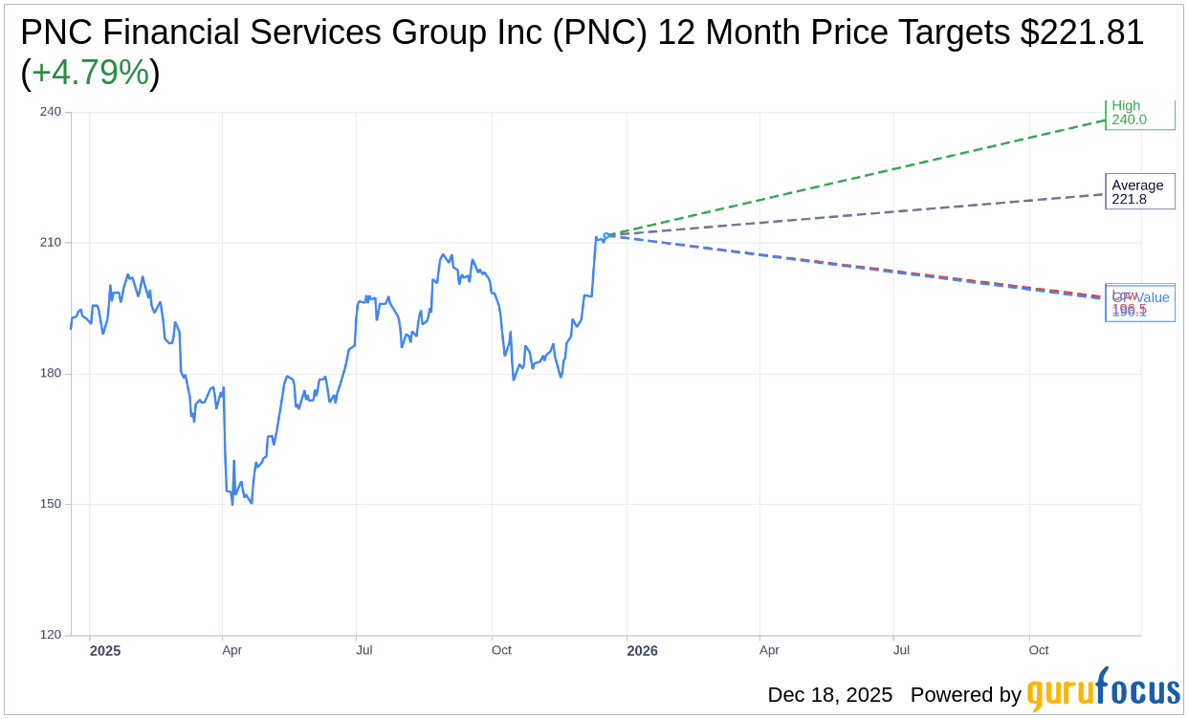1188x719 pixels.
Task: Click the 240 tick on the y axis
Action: click(x=50, y=112)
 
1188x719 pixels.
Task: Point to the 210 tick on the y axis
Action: click(x=50, y=243)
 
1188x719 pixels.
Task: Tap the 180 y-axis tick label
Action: click(x=50, y=373)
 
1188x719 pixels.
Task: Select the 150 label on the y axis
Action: click(x=50, y=504)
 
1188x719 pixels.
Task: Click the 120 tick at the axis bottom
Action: click(x=50, y=635)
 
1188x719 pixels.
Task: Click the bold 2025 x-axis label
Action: click(x=105, y=651)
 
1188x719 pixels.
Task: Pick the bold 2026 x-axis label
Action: click(x=642, y=651)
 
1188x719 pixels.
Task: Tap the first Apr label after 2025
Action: click(x=231, y=650)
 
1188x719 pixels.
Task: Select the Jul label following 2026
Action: click(x=901, y=650)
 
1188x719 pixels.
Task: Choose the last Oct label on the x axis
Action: click(x=1039, y=650)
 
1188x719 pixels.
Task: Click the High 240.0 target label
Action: click(x=1138, y=113)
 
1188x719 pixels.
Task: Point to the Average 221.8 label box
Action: click(x=1138, y=192)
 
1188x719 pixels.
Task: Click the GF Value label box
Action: click(x=1140, y=304)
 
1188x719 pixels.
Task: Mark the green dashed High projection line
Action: click(x=861, y=177)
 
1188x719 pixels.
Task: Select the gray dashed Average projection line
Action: click(x=861, y=215)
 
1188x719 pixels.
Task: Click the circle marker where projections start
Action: click(x=606, y=235)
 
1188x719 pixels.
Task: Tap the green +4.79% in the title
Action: click(x=90, y=73)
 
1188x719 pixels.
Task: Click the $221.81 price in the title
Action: click(x=1082, y=33)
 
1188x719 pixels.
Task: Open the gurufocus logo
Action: click(x=1103, y=690)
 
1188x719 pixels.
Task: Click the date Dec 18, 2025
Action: click(x=829, y=695)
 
